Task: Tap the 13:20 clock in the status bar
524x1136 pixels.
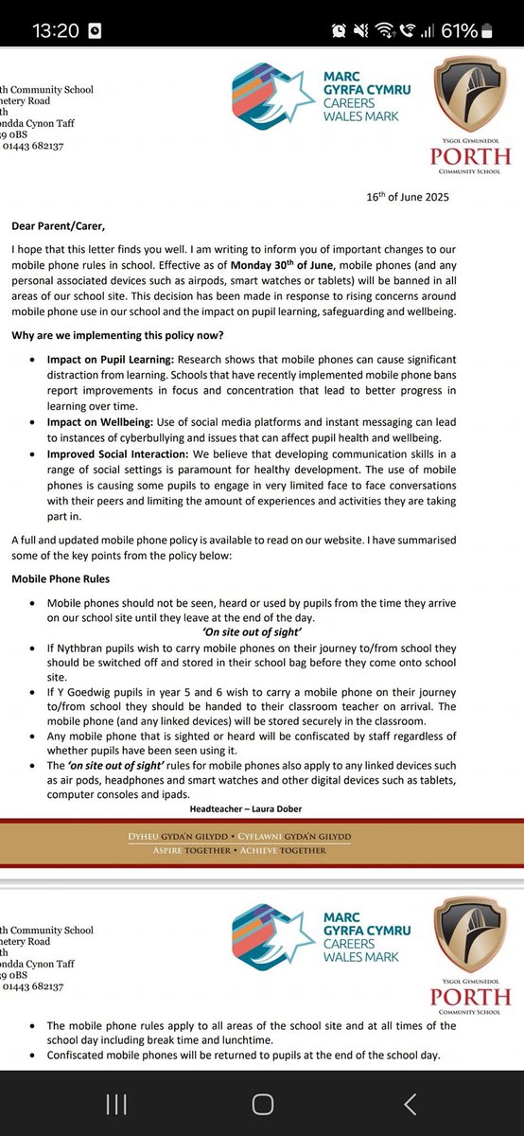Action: point(56,30)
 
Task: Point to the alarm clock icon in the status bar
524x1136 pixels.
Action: point(339,30)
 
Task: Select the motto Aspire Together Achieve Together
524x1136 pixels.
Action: point(260,850)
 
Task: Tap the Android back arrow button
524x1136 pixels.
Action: point(409,1103)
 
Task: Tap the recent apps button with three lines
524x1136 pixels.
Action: point(115,1103)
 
